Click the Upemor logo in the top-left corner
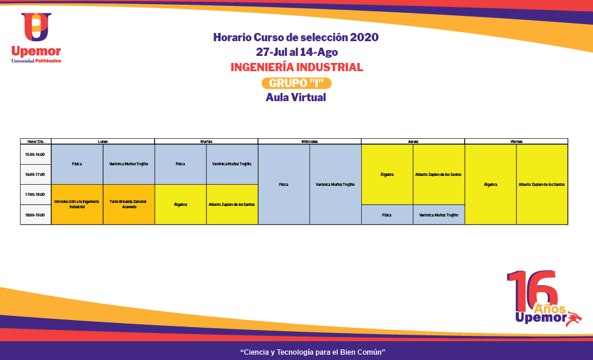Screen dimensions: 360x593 click(36, 37)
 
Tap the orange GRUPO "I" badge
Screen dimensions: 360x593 click(296, 84)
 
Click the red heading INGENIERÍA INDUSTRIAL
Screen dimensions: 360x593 click(296, 67)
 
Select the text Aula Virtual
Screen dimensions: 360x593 click(296, 98)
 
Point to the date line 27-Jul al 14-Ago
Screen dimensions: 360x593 click(296, 52)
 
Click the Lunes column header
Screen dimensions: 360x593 click(103, 141)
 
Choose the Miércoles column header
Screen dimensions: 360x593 click(309, 141)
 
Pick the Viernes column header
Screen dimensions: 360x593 click(516, 141)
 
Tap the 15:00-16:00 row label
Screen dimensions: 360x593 click(35, 154)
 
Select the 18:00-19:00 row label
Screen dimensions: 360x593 click(35, 215)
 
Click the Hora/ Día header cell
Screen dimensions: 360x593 click(35, 141)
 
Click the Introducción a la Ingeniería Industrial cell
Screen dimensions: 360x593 click(77, 204)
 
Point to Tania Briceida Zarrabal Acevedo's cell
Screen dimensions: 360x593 click(128, 204)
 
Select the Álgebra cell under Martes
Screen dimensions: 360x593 click(181, 204)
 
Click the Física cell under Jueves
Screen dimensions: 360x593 click(387, 215)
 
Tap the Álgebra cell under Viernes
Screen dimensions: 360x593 click(490, 184)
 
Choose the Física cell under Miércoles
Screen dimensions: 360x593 click(284, 184)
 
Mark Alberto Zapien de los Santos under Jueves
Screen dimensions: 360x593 click(438, 174)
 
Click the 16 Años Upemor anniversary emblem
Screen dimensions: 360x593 click(543, 299)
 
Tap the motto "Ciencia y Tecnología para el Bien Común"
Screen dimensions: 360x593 click(312, 352)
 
